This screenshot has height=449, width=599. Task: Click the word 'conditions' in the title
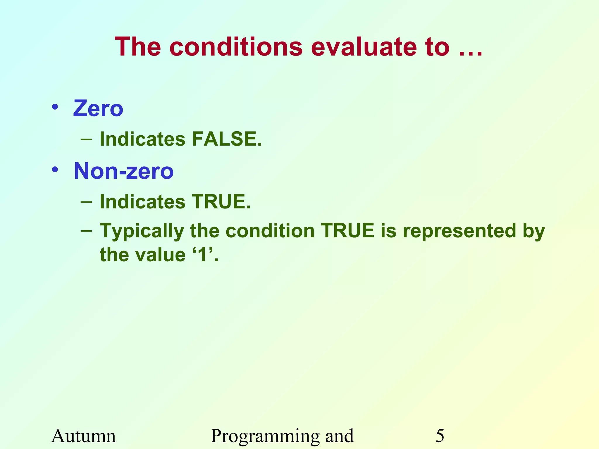(236, 47)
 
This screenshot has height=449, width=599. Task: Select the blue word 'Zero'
(98, 108)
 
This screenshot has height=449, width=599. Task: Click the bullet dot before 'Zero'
(55, 107)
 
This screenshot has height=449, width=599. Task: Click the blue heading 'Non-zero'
(124, 171)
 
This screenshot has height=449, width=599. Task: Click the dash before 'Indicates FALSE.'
(86, 139)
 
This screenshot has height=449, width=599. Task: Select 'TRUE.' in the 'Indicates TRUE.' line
(221, 202)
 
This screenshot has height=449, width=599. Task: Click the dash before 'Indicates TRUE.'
(86, 202)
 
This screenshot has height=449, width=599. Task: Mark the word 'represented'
(459, 231)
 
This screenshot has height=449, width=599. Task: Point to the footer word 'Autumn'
(84, 436)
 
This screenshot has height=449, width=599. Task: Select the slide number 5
(440, 436)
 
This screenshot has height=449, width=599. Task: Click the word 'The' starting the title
(138, 47)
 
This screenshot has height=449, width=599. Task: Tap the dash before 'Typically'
(86, 231)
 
